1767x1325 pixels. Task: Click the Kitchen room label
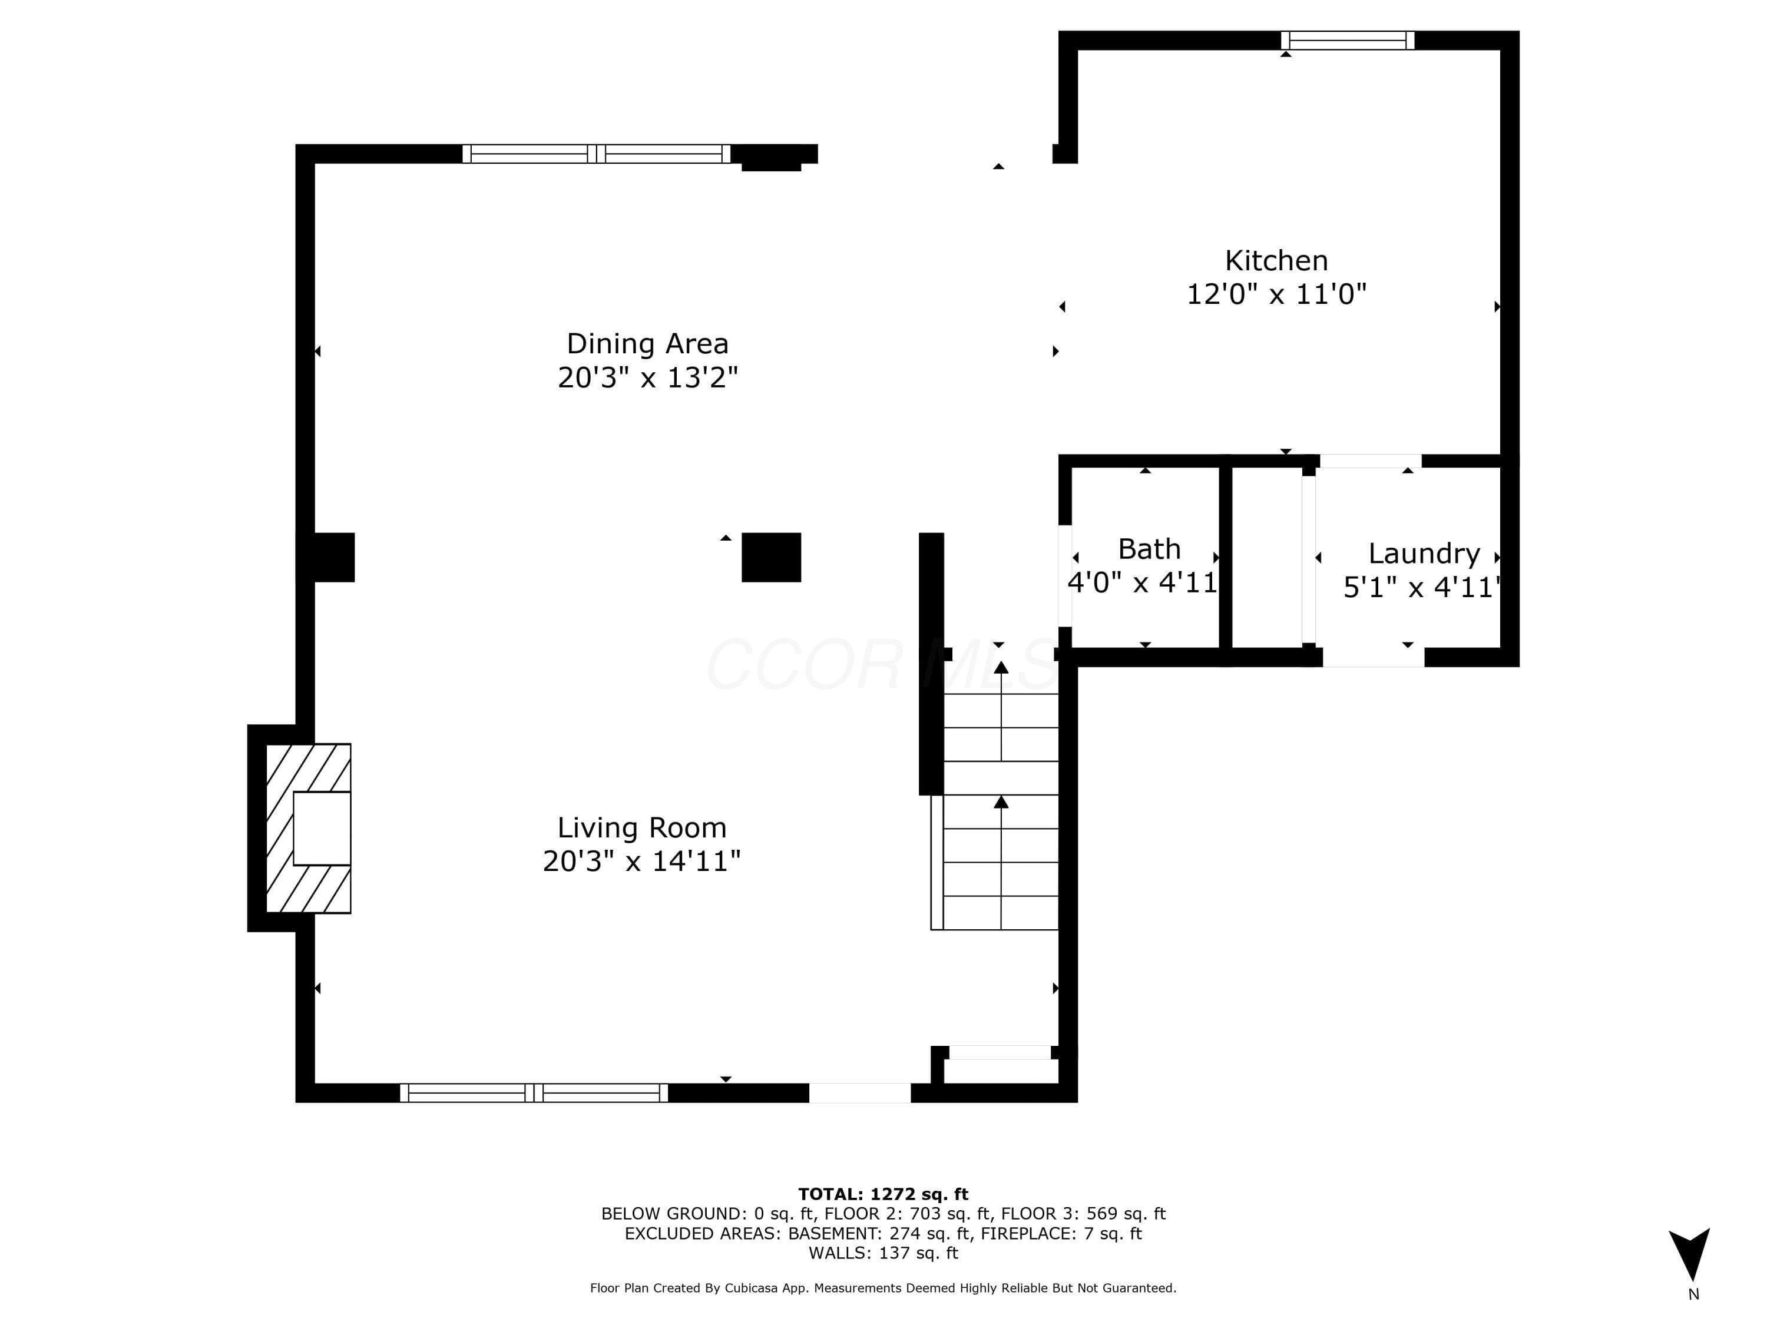pos(1276,260)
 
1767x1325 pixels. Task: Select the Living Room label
pos(641,827)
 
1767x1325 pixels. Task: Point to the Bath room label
pos(1149,549)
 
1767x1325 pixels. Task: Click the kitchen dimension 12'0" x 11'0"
pos(1276,294)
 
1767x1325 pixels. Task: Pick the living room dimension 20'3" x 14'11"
pos(641,861)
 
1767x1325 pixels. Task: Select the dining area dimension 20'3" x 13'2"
pos(647,377)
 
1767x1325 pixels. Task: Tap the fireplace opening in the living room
pos(322,828)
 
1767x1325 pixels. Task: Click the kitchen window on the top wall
pos(1348,40)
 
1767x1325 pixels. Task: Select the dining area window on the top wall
pos(596,153)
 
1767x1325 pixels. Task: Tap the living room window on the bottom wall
pos(534,1092)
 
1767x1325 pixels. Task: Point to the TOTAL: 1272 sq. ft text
pos(883,1194)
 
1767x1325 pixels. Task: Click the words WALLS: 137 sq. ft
pos(883,1253)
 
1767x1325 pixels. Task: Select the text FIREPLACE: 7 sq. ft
pos(1061,1233)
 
